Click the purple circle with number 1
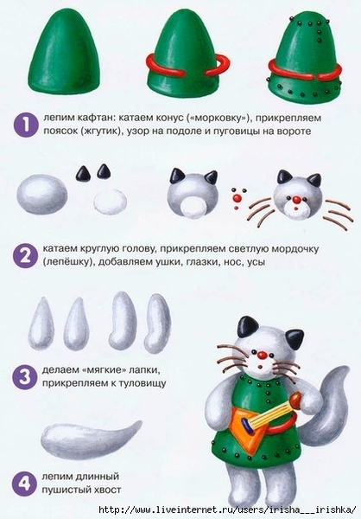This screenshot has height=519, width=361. pos(25,125)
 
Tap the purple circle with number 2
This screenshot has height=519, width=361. pos(25,255)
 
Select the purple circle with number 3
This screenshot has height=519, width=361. pos(24,376)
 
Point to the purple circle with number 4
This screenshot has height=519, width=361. pos(24,484)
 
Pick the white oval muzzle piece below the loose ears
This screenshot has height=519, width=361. pos(110,201)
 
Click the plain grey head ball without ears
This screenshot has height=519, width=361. pos(42,194)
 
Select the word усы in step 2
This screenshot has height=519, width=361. pos(256,262)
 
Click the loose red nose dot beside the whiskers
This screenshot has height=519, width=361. pos(237,198)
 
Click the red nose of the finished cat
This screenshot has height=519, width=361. pos(263,356)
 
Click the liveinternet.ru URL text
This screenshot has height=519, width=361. pos(227,509)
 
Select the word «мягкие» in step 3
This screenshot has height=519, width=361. pos(107,370)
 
